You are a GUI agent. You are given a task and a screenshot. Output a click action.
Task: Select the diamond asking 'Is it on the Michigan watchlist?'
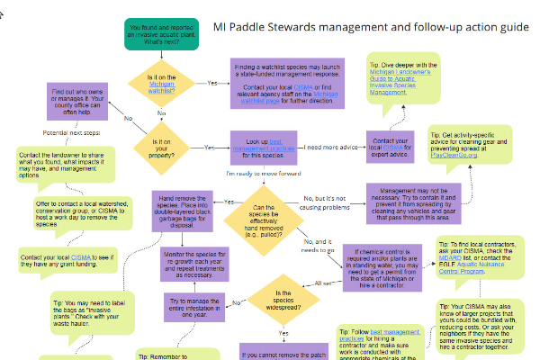161,83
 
